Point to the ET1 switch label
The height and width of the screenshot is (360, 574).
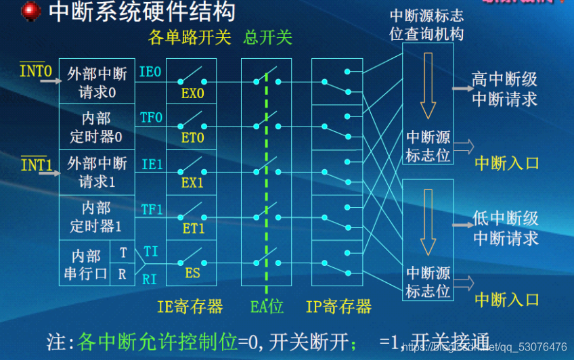click(x=192, y=229)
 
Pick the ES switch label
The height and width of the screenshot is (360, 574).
click(x=192, y=273)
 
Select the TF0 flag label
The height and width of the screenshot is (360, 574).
click(x=151, y=118)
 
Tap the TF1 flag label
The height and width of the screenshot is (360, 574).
click(x=151, y=210)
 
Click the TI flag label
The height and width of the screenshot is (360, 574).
click(x=151, y=251)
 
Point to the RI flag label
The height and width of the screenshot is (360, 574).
click(x=150, y=277)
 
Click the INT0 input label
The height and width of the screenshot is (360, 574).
click(x=35, y=70)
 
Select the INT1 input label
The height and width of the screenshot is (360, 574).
click(x=36, y=164)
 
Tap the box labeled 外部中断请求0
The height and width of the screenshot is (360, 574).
click(x=97, y=82)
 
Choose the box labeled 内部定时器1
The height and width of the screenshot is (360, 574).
click(x=97, y=217)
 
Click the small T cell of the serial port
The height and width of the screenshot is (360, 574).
click(x=123, y=252)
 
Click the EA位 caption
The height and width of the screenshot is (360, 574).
click(x=267, y=307)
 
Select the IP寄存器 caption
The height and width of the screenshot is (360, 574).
click(x=338, y=307)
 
